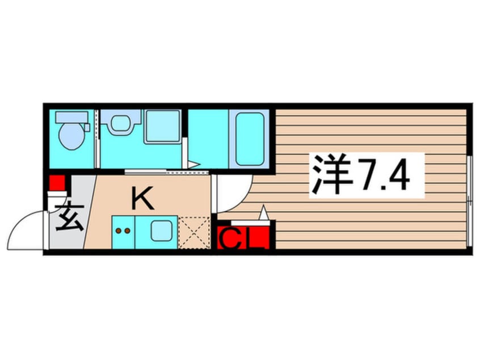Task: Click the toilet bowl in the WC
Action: tap(71, 137)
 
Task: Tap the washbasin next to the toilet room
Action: tap(120, 123)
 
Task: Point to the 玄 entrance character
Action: tap(69, 217)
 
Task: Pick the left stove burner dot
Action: tap(119, 232)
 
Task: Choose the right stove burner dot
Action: tap(128, 232)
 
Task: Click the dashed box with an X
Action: tap(193, 233)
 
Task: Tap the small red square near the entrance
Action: tap(56, 183)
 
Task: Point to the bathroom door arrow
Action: tap(193, 165)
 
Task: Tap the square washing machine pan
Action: tap(162, 126)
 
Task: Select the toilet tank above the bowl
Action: tap(71, 118)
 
